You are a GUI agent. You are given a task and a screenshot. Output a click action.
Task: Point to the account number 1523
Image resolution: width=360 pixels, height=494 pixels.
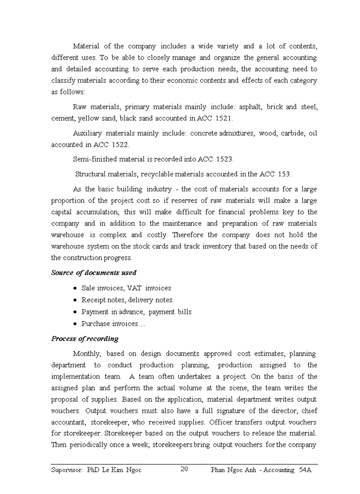(225, 160)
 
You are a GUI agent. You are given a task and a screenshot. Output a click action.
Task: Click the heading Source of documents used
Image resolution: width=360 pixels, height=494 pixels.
(94, 273)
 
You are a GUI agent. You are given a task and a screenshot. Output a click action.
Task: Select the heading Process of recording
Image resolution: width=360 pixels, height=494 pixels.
(85, 339)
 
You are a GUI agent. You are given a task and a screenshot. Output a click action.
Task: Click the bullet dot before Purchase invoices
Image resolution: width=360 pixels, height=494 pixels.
(76, 324)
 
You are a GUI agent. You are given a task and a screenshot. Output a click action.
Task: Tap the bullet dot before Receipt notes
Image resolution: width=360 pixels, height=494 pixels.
(76, 300)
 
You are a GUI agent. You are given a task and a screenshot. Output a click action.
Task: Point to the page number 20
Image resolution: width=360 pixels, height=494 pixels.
(185, 469)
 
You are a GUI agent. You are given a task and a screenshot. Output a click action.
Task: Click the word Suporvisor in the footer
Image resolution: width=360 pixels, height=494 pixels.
(67, 470)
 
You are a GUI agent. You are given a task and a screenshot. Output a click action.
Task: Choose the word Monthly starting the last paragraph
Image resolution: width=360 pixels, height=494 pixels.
(87, 354)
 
